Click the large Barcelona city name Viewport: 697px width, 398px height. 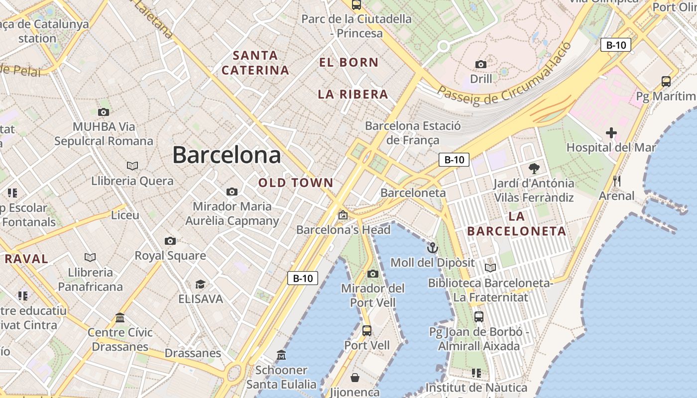pos(227,155)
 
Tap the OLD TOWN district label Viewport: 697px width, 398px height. pos(296,183)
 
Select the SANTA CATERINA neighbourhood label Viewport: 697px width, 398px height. pos(255,63)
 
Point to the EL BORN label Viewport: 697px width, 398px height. pos(349,63)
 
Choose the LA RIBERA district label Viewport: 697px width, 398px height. pos(353,95)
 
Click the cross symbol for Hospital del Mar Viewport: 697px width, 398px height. pos(611,133)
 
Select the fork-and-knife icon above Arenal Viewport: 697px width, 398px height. pos(617,181)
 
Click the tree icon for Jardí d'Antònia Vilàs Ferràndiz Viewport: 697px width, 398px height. pos(534,168)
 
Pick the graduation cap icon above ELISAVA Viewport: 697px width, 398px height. pos(200,284)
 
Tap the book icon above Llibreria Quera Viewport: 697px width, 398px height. pos(132,166)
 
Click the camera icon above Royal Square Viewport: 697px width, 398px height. pos(170,241)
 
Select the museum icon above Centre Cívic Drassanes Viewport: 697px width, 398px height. pos(120,317)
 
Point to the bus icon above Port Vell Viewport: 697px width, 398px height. pos(367,330)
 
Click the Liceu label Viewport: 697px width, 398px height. pos(125,215)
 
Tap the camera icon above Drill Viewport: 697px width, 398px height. pos(481,64)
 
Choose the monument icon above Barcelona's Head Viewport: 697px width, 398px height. pos(343,215)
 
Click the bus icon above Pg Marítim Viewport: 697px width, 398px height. pos(666,81)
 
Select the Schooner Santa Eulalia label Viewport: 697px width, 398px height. pos(281,377)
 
